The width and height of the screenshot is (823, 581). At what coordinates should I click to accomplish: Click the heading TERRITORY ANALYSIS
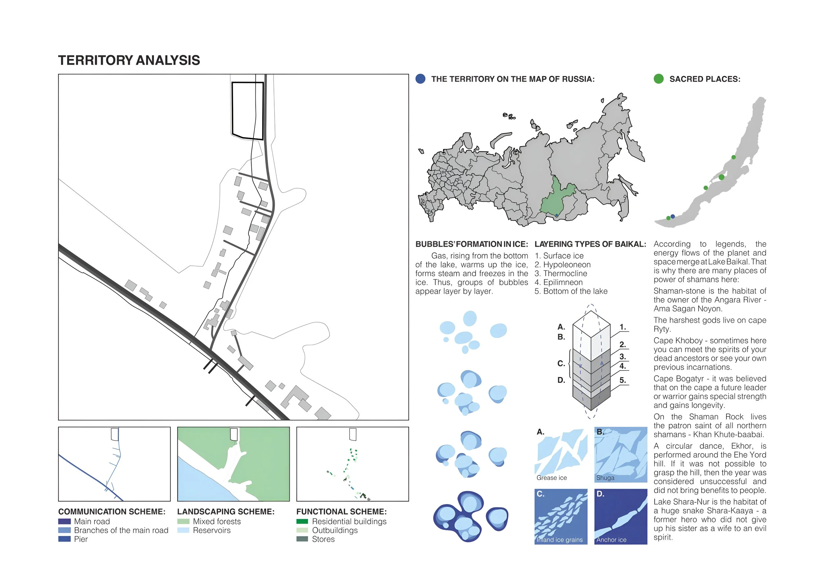[129, 60]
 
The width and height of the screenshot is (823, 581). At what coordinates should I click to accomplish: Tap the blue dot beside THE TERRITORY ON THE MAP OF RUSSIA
[420, 79]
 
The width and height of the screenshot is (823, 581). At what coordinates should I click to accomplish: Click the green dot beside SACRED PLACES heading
[658, 79]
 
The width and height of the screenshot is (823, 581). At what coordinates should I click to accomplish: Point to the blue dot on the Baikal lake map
[673, 216]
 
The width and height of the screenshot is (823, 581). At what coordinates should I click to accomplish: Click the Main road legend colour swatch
[65, 521]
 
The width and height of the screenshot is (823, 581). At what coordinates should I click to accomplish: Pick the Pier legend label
[81, 539]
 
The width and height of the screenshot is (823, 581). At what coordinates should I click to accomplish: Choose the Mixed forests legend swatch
[183, 521]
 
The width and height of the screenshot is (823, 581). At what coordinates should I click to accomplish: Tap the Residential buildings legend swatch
[302, 521]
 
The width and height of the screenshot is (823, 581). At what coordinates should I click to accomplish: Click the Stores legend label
[323, 539]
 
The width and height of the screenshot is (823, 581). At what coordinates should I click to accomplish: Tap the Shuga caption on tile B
[605, 478]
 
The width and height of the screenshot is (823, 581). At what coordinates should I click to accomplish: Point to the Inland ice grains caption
[560, 540]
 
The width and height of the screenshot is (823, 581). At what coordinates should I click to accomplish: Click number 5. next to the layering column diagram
[623, 380]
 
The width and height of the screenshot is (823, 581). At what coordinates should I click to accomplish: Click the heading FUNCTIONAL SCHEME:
[341, 512]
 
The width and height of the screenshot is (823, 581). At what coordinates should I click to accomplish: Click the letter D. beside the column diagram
[561, 380]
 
